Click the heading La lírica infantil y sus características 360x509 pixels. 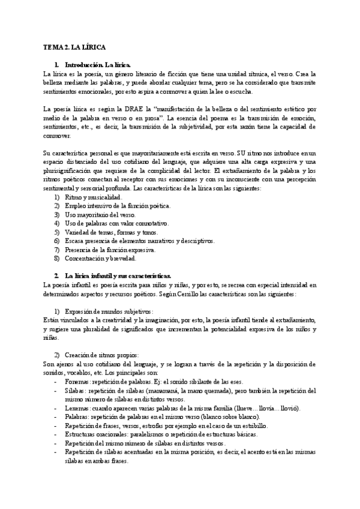tap(118, 276)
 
